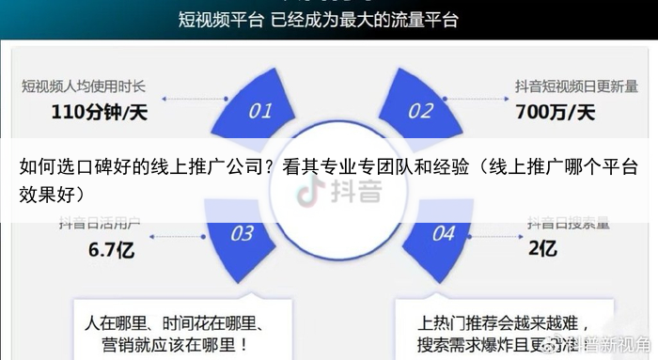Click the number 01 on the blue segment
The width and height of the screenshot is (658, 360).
coord(260,111)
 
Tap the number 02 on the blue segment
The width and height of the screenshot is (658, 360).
coord(420,111)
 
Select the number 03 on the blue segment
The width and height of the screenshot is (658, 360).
coord(243,232)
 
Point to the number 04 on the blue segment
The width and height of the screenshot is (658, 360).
coord(443,232)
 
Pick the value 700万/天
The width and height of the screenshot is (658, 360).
coord(556,113)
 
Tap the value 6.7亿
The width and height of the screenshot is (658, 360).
coord(113,250)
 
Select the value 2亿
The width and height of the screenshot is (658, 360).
coord(542,249)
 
